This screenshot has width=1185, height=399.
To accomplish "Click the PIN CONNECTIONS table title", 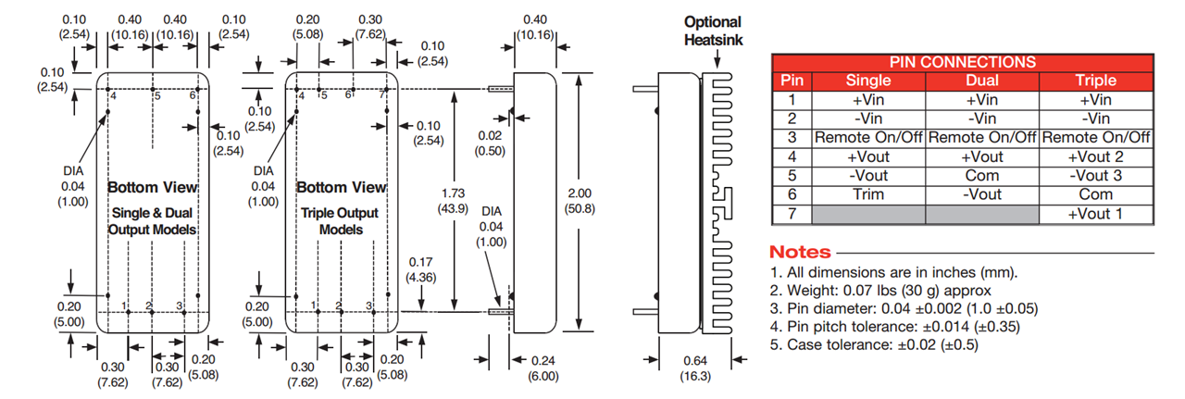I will [963, 62].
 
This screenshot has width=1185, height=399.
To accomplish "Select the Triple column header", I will [1096, 81].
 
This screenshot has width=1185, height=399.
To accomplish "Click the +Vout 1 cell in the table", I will [1096, 215].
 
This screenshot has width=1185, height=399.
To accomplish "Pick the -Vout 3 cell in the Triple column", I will [1096, 176].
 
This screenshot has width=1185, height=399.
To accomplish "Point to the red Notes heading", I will [801, 253].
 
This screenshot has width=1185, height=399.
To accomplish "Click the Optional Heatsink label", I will [713, 31].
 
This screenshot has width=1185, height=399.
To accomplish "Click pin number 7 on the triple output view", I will [381, 95].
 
